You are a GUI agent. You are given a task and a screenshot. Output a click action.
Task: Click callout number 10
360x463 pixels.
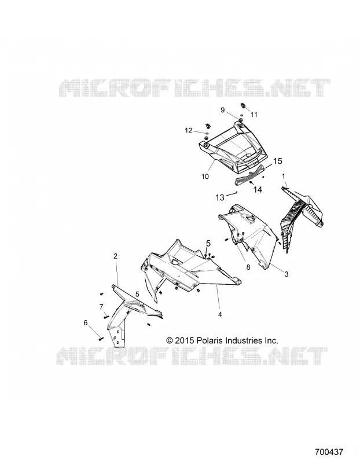(205, 177)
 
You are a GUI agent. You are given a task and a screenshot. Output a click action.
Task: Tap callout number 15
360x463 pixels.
(277, 161)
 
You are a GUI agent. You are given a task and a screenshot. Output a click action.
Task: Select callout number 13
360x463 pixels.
(220, 197)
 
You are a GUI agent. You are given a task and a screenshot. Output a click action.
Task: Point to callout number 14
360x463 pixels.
(258, 189)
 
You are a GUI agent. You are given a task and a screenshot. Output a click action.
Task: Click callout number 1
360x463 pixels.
(284, 177)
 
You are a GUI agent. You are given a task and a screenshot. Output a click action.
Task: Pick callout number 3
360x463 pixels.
(286, 274)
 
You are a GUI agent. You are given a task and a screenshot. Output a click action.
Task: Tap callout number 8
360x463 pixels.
(248, 267)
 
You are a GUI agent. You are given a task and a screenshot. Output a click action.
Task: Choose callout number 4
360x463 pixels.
(220, 314)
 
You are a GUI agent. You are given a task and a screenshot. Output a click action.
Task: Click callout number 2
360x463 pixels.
(116, 256)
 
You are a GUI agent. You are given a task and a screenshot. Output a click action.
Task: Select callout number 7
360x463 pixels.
(101, 307)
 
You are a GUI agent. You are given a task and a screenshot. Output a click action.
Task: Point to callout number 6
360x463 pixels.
(86, 323)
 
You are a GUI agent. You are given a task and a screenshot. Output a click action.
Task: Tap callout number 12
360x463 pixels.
(189, 130)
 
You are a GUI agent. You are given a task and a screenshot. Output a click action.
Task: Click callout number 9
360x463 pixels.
(223, 110)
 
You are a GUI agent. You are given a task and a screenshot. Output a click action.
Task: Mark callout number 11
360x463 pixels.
(254, 115)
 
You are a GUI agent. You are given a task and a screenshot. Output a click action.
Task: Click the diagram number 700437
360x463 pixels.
(329, 452)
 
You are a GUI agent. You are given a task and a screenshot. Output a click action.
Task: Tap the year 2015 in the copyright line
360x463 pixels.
(184, 340)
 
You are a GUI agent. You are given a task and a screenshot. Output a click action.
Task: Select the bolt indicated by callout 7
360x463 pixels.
(106, 317)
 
